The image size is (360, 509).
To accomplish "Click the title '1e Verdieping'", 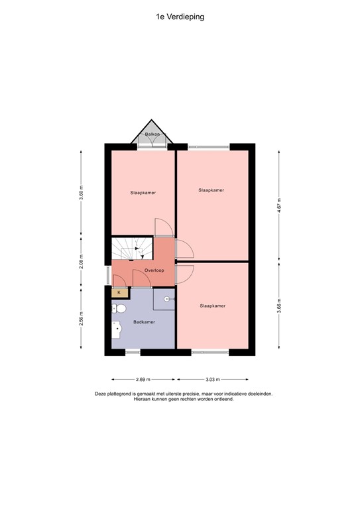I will click(180, 17).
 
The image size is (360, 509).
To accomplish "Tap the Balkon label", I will click(153, 135).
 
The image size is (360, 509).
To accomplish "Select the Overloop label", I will click(154, 270).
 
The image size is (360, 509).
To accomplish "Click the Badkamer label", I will click(143, 322).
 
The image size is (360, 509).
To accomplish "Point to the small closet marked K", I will click(119, 292).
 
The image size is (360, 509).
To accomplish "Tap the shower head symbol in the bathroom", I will click(168, 300).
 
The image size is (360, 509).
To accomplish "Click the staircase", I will click(131, 249).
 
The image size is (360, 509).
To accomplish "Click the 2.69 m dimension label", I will click(143, 380).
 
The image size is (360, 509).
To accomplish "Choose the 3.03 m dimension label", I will click(212, 380).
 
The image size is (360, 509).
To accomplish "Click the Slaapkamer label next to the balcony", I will click(143, 193).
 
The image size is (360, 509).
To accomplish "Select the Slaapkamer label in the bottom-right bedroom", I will click(212, 306).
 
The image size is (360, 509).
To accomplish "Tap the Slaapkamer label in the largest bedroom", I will click(211, 190).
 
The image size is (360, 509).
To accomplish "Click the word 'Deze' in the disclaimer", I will click(101, 394).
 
